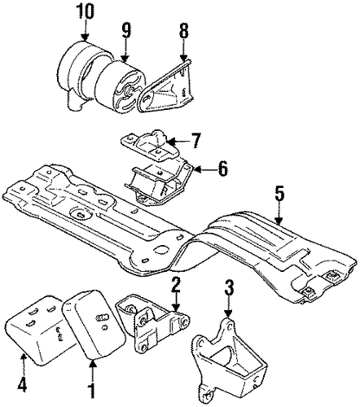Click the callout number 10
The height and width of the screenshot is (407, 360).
pyautogui.click(x=86, y=11)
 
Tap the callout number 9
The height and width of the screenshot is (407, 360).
pyautogui.click(x=125, y=30)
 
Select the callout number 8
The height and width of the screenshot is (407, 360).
pyautogui.click(x=183, y=30)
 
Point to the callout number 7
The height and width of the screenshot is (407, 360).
pyautogui.click(x=195, y=141)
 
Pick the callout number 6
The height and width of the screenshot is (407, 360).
pyautogui.click(x=222, y=169)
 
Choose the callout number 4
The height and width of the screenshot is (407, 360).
pyautogui.click(x=22, y=383)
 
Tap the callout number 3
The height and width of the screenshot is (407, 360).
pyautogui.click(x=229, y=288)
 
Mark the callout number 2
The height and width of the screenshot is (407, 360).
pyautogui.click(x=176, y=284)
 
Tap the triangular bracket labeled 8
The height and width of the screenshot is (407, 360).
pyautogui.click(x=167, y=88)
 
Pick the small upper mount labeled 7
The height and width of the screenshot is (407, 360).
pyautogui.click(x=150, y=146)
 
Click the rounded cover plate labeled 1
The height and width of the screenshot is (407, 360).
pyautogui.click(x=94, y=324)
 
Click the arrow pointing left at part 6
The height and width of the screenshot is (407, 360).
pyautogui.click(x=204, y=170)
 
